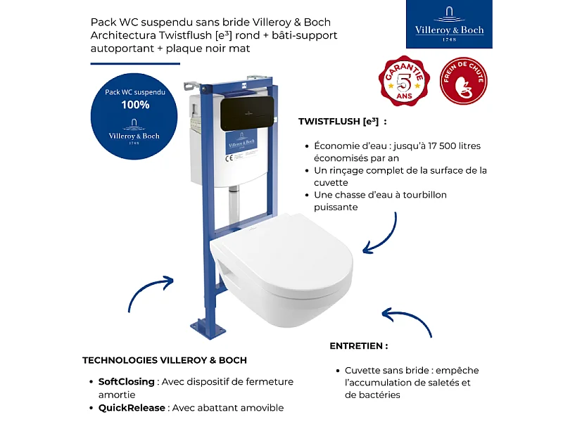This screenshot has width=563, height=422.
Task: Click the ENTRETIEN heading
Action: point(359,346)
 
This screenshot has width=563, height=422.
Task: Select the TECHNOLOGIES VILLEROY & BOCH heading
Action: point(165,360)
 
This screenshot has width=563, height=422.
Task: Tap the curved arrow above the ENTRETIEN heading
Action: point(405,320)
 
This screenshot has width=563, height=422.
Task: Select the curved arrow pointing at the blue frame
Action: point(151,290)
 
